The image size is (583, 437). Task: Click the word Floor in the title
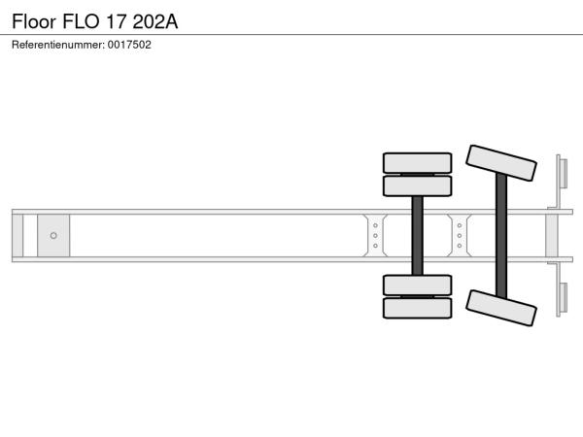(x=34, y=21)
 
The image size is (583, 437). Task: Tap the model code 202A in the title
(x=155, y=21)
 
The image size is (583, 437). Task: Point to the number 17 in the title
(x=116, y=21)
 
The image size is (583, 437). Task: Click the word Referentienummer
(x=58, y=45)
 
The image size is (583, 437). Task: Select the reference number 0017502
(x=129, y=45)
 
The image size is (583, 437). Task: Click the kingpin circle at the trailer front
(x=53, y=236)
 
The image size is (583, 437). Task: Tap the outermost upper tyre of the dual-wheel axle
(x=417, y=163)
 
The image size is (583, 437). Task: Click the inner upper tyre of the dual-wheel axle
(x=417, y=185)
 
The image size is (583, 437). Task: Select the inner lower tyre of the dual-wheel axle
(x=417, y=285)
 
